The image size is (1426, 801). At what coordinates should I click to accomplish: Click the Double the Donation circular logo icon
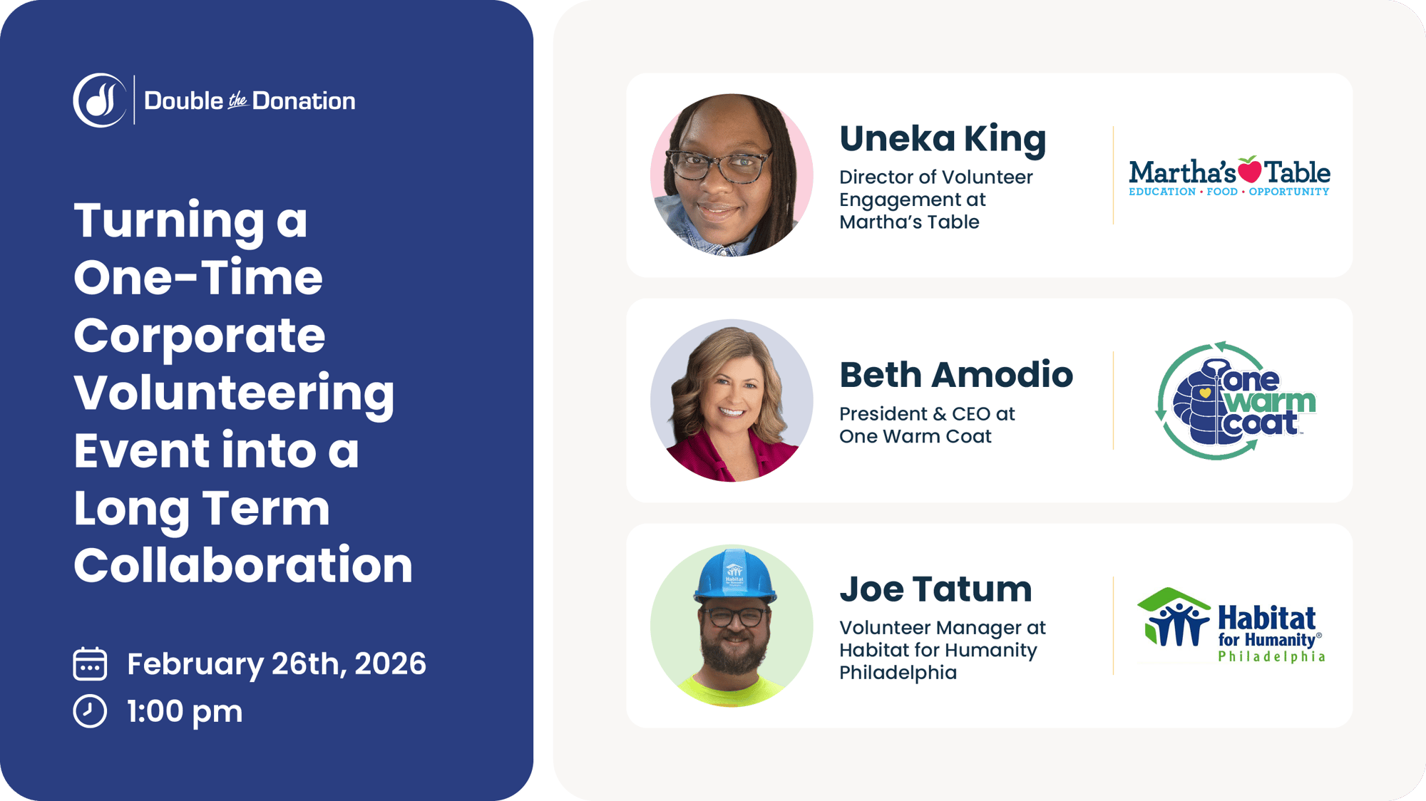[x=100, y=100]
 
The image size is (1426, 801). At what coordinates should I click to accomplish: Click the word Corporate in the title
[x=199, y=336]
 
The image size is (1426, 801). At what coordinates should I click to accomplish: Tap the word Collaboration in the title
[x=243, y=566]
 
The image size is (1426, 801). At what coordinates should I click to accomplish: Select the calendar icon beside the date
[x=90, y=663]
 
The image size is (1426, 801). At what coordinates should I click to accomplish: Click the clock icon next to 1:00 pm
[x=90, y=711]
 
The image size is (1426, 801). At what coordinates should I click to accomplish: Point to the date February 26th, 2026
[x=276, y=664]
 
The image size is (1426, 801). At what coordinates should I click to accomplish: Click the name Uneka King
[x=942, y=139]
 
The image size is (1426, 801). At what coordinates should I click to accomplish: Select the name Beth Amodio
[x=955, y=375]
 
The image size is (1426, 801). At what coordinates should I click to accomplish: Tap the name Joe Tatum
[x=935, y=589]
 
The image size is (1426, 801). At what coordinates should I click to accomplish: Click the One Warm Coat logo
[x=1235, y=400]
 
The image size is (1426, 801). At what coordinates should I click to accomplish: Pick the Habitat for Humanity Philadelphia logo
[x=1231, y=626]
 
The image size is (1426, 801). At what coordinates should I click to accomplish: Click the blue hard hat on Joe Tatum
[x=734, y=576]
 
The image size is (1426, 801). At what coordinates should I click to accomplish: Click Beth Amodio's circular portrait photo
[x=732, y=400]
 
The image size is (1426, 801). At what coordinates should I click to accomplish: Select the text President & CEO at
[x=927, y=414]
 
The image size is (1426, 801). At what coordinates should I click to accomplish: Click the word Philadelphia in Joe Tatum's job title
[x=898, y=673]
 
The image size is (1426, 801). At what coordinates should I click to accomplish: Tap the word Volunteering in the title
[x=234, y=393]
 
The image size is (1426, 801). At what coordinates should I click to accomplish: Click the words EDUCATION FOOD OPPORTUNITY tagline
[x=1228, y=192]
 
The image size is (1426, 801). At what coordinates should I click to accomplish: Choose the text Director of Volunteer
[x=935, y=177]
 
